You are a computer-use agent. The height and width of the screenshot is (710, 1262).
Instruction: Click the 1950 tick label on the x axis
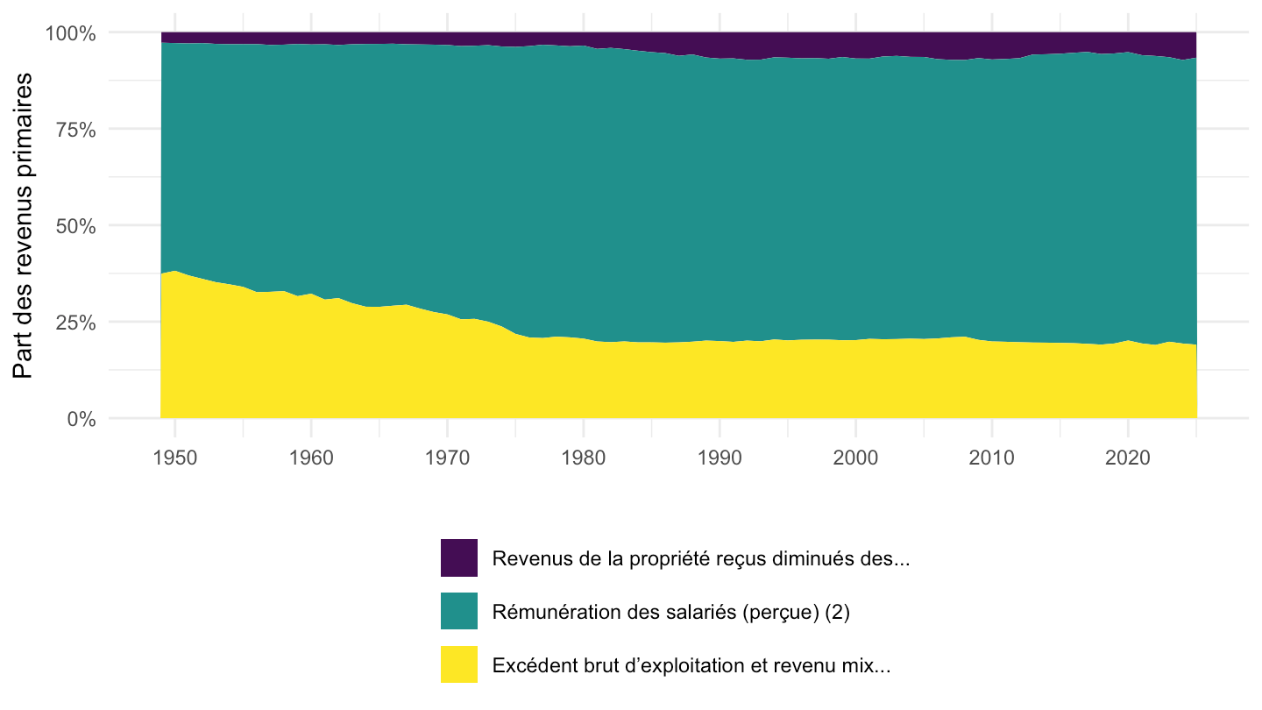click(x=175, y=458)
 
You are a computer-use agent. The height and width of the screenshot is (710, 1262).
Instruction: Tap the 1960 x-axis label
click(x=311, y=458)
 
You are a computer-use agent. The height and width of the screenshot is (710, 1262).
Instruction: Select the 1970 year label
click(x=447, y=458)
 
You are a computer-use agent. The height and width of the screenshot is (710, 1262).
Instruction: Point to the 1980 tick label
click(x=583, y=458)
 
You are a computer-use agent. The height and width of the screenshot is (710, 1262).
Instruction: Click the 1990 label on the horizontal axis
click(x=720, y=458)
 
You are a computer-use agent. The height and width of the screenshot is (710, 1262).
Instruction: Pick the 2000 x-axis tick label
click(x=855, y=458)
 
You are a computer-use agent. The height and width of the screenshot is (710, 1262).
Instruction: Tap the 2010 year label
click(x=991, y=458)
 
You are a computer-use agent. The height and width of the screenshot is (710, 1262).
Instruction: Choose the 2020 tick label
click(x=1127, y=458)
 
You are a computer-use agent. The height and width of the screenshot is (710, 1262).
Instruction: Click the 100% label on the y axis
click(x=70, y=34)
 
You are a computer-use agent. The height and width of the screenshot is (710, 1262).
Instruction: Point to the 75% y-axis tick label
click(x=75, y=130)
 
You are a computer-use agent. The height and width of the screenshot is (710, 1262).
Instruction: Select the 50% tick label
click(x=75, y=226)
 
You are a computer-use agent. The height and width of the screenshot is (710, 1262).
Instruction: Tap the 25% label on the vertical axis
click(x=75, y=323)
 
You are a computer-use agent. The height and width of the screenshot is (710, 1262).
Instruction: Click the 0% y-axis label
click(x=82, y=419)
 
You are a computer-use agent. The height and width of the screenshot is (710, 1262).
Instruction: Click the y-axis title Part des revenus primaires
click(x=23, y=225)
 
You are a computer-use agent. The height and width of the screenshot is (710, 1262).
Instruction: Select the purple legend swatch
click(x=459, y=557)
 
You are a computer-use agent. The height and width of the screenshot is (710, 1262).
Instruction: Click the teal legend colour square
click(x=459, y=611)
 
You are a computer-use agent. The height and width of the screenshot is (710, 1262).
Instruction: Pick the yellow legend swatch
click(x=459, y=664)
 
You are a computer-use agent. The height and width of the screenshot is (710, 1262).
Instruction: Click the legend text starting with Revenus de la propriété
click(x=701, y=559)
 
